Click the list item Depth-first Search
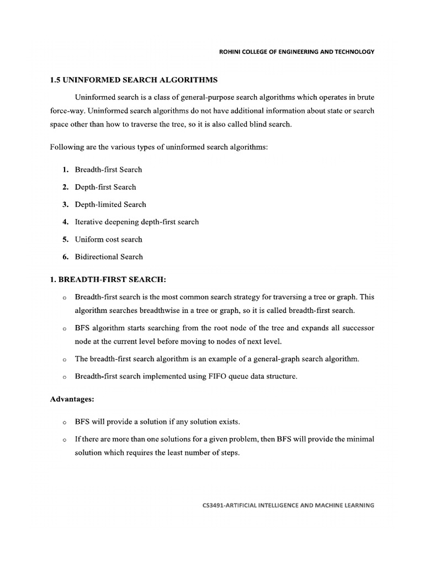pyautogui.click(x=105, y=187)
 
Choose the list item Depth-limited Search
pyautogui.click(x=110, y=204)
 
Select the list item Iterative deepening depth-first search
pyautogui.click(x=137, y=222)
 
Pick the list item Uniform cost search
pyautogui.click(x=109, y=239)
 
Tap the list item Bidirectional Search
pyautogui.click(x=109, y=257)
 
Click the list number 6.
pyautogui.click(x=65, y=257)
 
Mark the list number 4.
pyautogui.click(x=65, y=222)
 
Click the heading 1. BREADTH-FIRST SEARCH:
pyautogui.click(x=108, y=280)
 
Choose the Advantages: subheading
pyautogui.click(x=72, y=398)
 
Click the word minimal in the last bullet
pyautogui.click(x=361, y=440)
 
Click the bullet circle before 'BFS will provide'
pyautogui.click(x=65, y=423)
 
